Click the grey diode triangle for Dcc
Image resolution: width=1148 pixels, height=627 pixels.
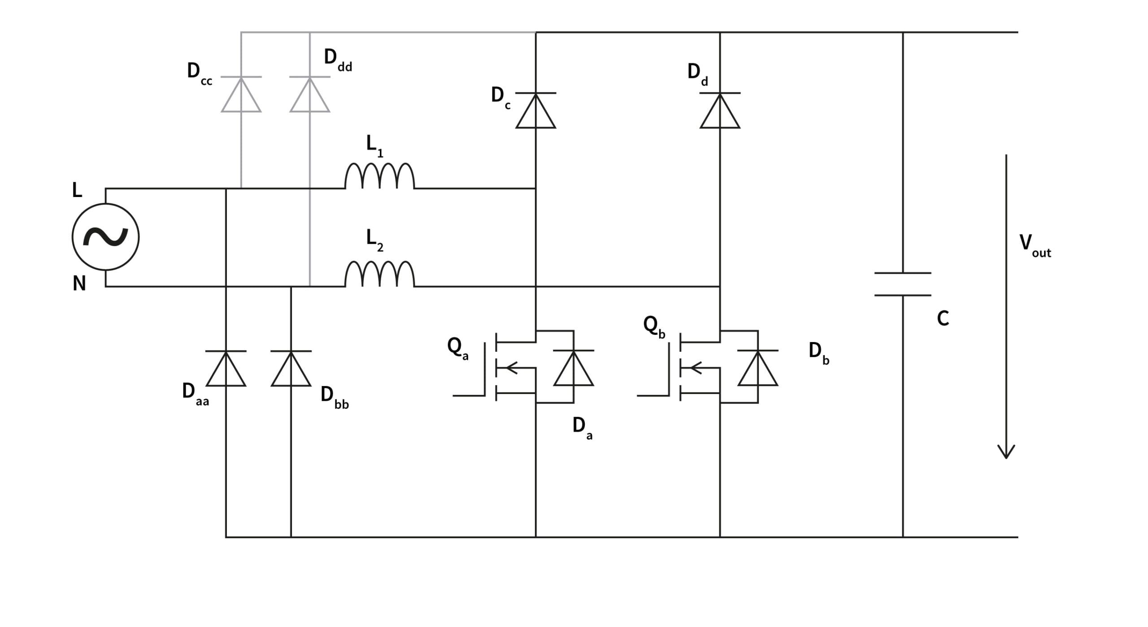tap(241, 94)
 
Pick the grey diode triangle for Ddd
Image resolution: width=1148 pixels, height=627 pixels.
tap(310, 94)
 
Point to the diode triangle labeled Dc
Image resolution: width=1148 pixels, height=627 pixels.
tap(536, 110)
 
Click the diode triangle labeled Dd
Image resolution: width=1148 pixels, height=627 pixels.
tap(720, 110)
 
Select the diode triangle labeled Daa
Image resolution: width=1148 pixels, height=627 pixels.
tap(226, 368)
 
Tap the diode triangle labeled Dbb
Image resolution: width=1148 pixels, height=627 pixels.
tap(291, 368)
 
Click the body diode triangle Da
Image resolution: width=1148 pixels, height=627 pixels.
tap(574, 368)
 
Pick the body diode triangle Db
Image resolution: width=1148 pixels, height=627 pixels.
tap(758, 368)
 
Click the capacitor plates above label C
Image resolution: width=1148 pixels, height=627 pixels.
tap(903, 284)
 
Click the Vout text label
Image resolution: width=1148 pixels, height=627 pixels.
tap(1035, 246)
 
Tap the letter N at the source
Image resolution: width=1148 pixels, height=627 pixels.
tap(79, 284)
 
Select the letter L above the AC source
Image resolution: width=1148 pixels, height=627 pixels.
tap(77, 190)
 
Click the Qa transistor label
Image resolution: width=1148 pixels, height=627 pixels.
tap(458, 349)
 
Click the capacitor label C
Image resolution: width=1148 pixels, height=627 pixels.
tap(943, 318)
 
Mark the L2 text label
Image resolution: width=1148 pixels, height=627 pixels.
tap(375, 240)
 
